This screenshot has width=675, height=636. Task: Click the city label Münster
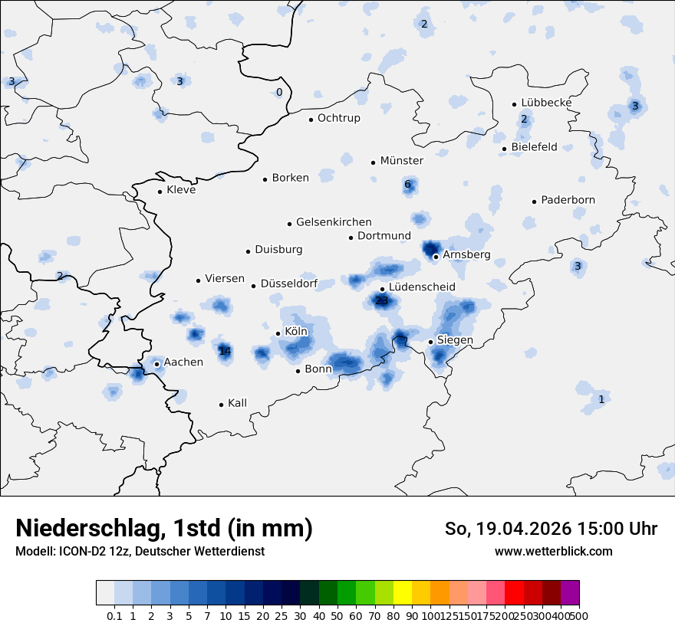click(x=401, y=161)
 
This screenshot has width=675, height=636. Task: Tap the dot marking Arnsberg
click(x=436, y=257)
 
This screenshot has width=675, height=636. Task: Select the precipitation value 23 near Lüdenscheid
click(x=381, y=301)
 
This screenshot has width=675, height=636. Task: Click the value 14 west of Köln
click(x=225, y=352)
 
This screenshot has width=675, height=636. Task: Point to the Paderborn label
click(x=568, y=201)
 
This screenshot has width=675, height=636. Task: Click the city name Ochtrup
click(x=338, y=119)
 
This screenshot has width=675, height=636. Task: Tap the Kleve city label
click(x=181, y=190)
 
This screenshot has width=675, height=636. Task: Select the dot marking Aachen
click(x=156, y=364)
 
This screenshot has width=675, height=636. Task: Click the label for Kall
click(x=237, y=403)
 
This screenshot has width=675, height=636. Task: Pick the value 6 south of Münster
click(x=407, y=185)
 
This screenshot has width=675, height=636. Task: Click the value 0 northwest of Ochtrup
click(x=279, y=93)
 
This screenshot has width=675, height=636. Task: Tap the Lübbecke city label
click(x=546, y=103)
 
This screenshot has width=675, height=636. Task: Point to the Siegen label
click(x=455, y=340)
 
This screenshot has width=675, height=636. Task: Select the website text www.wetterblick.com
click(x=553, y=551)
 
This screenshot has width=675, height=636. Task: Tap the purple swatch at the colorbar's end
click(x=570, y=593)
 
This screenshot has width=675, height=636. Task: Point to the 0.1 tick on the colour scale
click(x=114, y=616)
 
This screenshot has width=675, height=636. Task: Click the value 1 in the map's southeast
click(x=601, y=400)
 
